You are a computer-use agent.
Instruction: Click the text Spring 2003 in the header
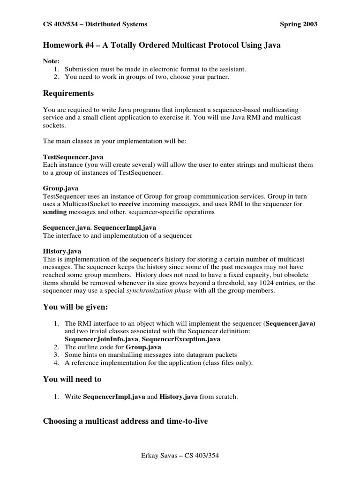(x=298, y=24)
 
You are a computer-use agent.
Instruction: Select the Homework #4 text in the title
(x=68, y=45)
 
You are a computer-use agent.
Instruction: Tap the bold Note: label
(x=51, y=61)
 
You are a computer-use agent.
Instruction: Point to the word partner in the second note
(x=217, y=77)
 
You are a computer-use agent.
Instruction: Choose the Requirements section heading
(x=68, y=93)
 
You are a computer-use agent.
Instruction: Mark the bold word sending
(x=55, y=212)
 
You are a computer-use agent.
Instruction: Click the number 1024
(x=251, y=283)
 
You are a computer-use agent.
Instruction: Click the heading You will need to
(x=72, y=379)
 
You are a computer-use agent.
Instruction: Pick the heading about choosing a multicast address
(x=126, y=421)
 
